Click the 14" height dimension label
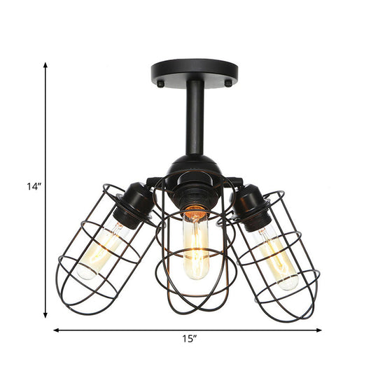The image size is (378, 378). pos(34,186)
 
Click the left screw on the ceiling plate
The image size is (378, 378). pos(160,83)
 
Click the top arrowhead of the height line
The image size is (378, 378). pos(46,65)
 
